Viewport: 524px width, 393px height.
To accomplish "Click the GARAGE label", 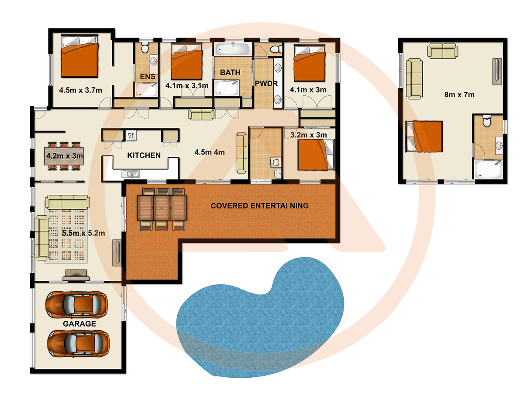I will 79,324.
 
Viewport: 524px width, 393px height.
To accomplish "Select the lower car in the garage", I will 77,344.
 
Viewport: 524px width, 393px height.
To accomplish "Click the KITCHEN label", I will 144,155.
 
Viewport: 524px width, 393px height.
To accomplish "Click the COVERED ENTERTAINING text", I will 259,206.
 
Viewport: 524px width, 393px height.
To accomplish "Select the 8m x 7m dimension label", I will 457,94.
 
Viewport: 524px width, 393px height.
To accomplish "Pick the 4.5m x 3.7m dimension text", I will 80,90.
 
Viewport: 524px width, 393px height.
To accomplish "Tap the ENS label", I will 148,77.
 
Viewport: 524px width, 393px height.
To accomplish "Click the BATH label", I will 230,72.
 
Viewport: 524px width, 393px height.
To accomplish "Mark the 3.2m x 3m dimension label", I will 308,135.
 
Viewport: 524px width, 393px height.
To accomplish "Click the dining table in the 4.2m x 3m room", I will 64,155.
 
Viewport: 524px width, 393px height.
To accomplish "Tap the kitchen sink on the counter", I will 131,175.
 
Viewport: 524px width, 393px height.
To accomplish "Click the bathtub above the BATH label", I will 233,48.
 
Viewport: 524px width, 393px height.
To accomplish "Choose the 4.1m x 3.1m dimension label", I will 186,86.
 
